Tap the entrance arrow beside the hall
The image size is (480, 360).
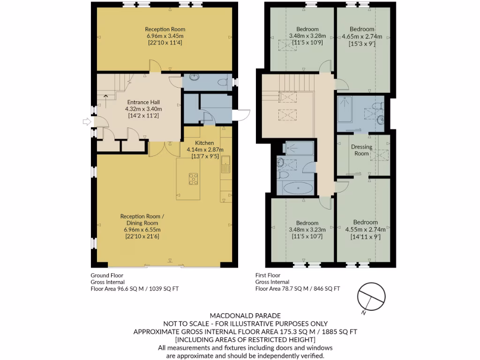click(x=86, y=122)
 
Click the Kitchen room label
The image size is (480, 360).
click(x=204, y=143)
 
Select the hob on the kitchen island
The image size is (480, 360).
click(x=193, y=178)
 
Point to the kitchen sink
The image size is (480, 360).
click(x=225, y=164)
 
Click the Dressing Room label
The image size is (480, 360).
click(x=361, y=150)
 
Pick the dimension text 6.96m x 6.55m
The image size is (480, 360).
click(x=142, y=230)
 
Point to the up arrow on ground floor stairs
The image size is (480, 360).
click(x=105, y=97)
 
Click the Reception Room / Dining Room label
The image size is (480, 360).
click(x=142, y=219)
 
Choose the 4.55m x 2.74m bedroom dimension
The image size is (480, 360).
click(x=365, y=230)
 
